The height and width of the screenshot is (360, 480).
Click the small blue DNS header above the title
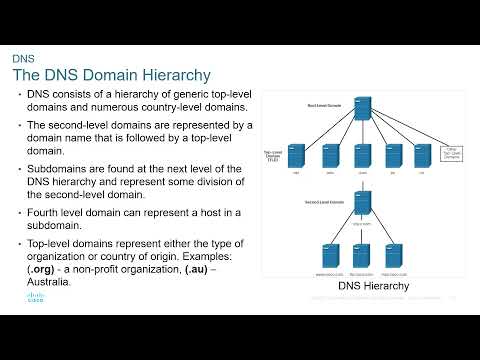(23, 59)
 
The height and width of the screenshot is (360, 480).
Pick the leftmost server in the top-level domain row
(296, 155)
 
